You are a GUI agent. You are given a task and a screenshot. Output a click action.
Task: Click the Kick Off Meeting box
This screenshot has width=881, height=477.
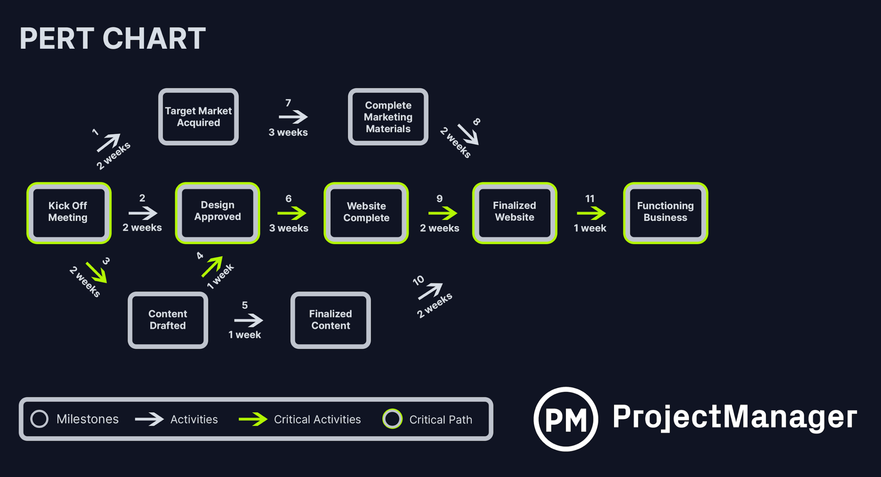point(69,213)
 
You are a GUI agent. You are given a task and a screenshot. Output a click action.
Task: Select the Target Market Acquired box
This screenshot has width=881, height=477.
point(198,117)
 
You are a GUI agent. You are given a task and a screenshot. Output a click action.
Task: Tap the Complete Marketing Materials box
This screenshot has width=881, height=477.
point(388,117)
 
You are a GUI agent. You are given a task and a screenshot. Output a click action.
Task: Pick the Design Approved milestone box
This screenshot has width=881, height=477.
point(217,213)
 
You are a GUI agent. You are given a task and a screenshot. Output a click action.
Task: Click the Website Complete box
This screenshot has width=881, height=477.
point(366,213)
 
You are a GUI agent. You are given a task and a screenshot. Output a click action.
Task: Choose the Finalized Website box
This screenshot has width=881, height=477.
point(514,213)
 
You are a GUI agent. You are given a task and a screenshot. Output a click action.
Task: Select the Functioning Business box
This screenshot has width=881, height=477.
point(665,213)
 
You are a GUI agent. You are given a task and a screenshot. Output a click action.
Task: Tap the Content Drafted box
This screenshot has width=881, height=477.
point(168,320)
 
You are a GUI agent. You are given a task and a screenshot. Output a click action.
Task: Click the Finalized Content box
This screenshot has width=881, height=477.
point(330,320)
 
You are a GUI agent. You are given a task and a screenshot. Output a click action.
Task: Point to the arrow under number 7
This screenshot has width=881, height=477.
point(293,117)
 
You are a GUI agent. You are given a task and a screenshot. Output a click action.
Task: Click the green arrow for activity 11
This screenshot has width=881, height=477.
point(591,213)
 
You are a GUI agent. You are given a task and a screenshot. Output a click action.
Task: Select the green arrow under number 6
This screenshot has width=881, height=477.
point(292,213)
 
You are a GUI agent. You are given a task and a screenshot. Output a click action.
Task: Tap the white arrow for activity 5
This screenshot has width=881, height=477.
point(248,320)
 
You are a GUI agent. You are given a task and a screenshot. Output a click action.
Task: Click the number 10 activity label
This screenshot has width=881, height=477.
point(418,280)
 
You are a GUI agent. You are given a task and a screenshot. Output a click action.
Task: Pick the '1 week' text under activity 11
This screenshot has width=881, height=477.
point(590,228)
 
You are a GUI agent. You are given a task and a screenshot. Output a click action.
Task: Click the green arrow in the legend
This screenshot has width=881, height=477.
point(253,419)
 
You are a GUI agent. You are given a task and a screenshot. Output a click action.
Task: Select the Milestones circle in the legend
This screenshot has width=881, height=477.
point(39,419)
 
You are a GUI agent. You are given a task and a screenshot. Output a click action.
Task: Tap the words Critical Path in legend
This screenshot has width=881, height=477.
point(440,420)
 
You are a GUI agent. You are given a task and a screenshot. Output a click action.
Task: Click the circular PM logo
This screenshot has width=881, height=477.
point(565,419)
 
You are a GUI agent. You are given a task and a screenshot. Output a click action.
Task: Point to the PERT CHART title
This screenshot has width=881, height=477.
point(113,39)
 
